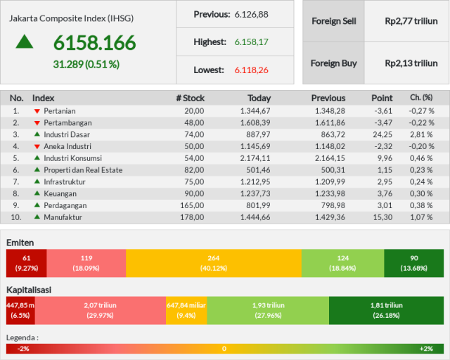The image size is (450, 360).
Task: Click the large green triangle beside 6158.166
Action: (25, 41)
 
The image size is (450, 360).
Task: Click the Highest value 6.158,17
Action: (252, 42)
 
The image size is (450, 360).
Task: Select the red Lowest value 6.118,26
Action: (252, 70)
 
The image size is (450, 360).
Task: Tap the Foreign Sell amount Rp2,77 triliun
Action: (411, 21)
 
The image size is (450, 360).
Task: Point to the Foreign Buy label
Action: (334, 63)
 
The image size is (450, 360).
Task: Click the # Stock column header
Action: (191, 98)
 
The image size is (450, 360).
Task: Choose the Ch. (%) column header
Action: (421, 98)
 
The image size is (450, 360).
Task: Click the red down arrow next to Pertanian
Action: (37, 111)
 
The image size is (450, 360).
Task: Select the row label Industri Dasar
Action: (67, 134)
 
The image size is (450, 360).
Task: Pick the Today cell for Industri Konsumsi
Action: (255, 158)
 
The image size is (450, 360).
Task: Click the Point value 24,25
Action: (382, 134)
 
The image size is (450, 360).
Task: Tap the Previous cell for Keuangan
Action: (330, 194)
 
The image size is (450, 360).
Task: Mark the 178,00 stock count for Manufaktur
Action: (192, 217)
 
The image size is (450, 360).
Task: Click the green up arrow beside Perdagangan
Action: (37, 205)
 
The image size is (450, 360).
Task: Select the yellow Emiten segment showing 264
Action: (214, 263)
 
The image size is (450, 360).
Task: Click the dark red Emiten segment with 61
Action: (27, 263)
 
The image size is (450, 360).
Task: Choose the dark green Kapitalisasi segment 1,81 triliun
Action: (386, 310)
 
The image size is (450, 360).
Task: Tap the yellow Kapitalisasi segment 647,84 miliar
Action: (186, 310)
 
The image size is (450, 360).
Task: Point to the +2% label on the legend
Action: (426, 349)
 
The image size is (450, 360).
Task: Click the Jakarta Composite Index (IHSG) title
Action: (72, 19)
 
